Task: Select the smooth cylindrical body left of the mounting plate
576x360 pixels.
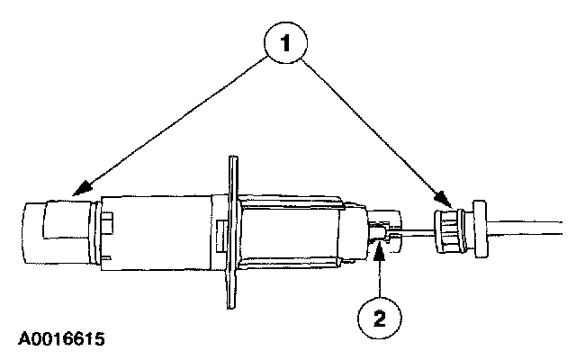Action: (162, 231)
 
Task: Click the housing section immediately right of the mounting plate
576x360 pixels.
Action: (288, 233)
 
